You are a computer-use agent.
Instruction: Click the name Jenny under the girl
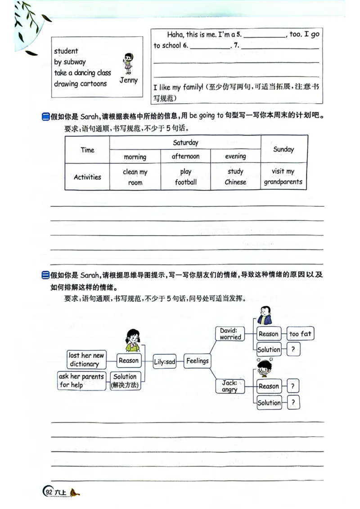point(128,80)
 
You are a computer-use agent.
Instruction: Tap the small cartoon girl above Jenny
point(128,63)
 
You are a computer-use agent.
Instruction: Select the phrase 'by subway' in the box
point(70,62)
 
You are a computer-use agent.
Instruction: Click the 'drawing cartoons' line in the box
point(81,84)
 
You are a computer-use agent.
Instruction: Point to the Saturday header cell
point(185,143)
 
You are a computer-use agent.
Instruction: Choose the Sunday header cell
point(283,149)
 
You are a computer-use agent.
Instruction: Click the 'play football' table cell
point(185,177)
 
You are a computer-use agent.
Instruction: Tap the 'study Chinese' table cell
point(235,177)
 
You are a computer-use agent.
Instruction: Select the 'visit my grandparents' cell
point(283,177)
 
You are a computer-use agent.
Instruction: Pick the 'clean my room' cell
point(135,177)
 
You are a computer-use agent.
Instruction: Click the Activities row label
point(87,177)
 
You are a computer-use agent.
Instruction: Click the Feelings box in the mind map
point(197,361)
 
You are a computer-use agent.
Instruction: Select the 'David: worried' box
point(230,334)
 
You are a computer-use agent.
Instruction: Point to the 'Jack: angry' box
point(229,386)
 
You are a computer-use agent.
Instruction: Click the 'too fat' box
point(300,334)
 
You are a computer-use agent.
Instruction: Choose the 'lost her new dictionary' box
point(86,360)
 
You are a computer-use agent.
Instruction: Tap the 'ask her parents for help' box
point(81,380)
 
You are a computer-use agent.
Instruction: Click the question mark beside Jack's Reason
point(292,386)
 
